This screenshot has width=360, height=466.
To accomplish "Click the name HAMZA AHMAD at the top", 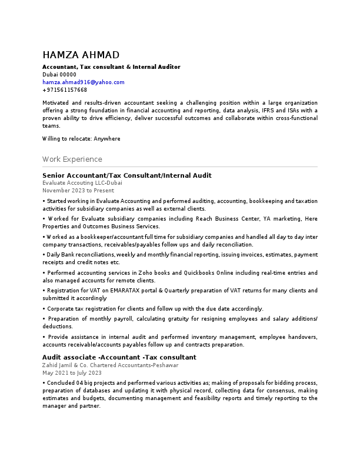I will point(81,55).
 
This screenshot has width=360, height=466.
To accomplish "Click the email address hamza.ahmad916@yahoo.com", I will point(83,82).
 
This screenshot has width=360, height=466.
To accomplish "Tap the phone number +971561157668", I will point(65,90).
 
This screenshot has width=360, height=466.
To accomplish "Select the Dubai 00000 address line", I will point(59,75).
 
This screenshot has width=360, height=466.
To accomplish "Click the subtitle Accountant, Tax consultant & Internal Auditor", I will point(111,67).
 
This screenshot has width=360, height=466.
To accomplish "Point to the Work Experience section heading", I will point(72,159).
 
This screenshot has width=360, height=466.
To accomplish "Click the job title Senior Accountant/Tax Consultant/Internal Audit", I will point(126,175).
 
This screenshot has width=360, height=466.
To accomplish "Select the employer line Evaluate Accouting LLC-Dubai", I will point(82,183).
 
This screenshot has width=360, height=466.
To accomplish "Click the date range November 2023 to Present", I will point(78,191).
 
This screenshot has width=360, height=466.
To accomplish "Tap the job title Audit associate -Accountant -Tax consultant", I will point(119,357).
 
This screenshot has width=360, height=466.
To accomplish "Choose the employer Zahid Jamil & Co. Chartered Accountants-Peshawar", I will point(110,365).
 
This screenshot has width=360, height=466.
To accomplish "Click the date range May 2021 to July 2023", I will point(72,372).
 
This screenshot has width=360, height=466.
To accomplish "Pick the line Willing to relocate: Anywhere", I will point(81,139).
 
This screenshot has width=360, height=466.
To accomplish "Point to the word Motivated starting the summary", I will point(56,102).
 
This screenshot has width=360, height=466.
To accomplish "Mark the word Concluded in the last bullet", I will point(61,382).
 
